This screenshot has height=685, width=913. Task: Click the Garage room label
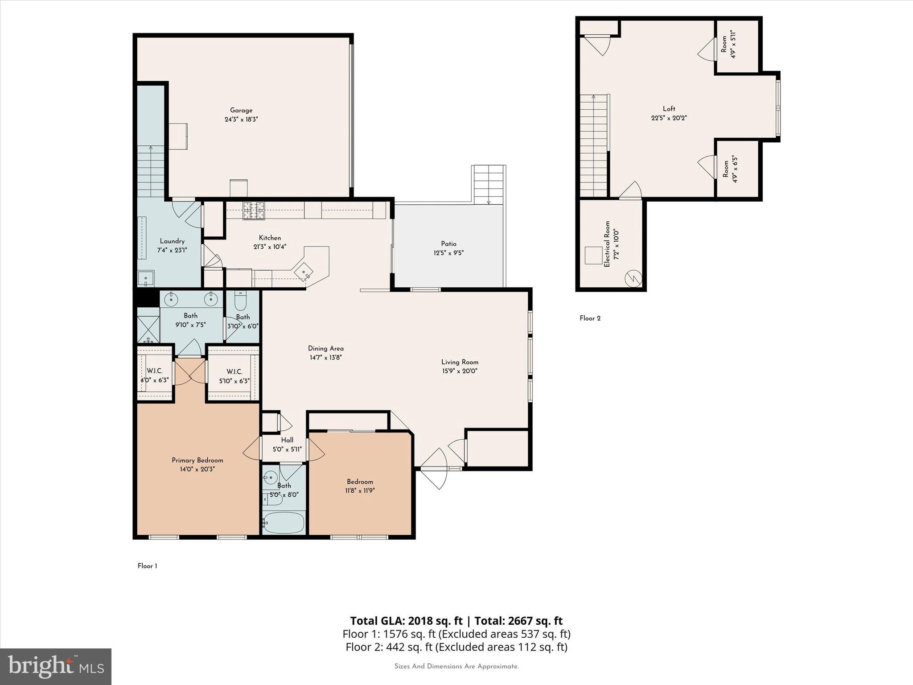coord(241,110)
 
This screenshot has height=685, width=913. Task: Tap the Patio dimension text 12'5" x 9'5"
coord(448,253)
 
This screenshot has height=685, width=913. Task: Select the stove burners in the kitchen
coord(253,210)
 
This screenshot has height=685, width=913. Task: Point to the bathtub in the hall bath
coord(284,523)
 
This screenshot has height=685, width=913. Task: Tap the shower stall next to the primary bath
coord(148,329)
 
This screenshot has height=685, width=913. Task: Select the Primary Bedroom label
coord(197,460)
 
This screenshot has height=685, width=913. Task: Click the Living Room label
coord(460,362)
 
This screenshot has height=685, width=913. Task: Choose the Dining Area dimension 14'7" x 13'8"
coord(325,357)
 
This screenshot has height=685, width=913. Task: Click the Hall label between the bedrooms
coord(287,440)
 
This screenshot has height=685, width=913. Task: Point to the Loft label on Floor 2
coord(669,109)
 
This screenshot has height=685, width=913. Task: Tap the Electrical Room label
coord(607,244)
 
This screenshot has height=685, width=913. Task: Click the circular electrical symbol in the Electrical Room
coord(633,279)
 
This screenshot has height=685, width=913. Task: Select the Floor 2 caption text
coord(590,318)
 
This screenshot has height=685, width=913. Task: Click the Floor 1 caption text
coord(147,566)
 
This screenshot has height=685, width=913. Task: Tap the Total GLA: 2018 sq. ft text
coord(407,621)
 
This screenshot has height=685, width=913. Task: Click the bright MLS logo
coord(55,666)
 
